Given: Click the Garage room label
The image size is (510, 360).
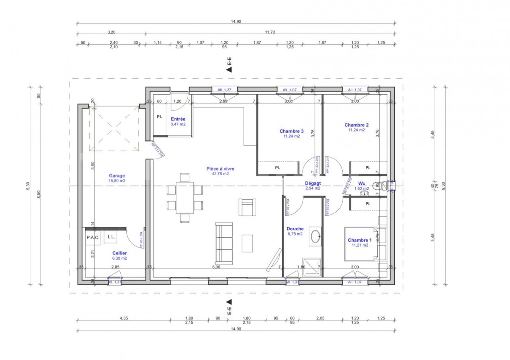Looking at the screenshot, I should [117, 176].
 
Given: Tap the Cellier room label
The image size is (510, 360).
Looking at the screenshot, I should [120, 253].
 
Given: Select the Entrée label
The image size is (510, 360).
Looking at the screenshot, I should [178, 119].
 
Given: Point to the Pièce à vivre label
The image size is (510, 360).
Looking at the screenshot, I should [220, 169].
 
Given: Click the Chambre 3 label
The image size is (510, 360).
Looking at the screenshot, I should [291, 131].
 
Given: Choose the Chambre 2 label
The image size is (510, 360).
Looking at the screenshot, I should [357, 125].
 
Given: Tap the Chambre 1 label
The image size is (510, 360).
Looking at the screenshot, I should [359, 240].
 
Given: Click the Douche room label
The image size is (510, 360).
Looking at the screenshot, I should [295, 229].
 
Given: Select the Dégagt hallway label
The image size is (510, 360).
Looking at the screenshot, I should [313, 183].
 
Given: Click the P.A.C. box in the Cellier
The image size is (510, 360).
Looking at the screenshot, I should [93, 237].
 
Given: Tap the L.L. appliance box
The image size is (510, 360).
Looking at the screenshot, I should [111, 237].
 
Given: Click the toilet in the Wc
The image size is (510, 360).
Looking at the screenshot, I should [379, 185].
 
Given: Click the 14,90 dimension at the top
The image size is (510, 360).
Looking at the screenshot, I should [236, 22].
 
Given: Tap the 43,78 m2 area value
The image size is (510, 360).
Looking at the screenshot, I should [220, 174].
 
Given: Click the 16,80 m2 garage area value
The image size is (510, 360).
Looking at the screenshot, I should [117, 180].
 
